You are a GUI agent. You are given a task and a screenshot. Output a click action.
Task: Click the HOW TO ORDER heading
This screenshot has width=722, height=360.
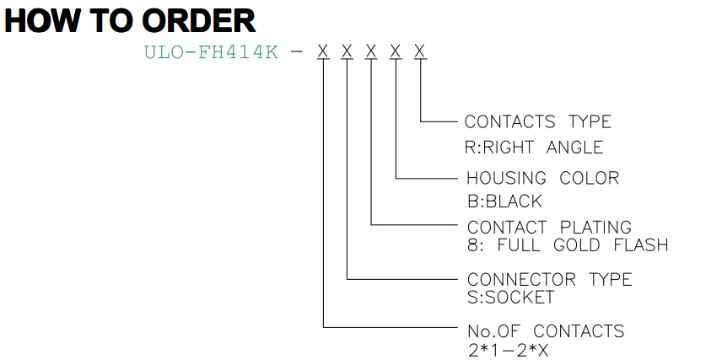point(130,21)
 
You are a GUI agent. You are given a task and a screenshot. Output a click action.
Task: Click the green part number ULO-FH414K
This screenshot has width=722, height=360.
point(212,52)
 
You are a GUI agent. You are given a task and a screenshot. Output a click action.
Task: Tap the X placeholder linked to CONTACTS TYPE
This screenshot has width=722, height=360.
point(419,51)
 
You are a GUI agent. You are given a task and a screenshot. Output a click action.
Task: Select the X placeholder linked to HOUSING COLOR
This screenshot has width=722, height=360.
point(395,51)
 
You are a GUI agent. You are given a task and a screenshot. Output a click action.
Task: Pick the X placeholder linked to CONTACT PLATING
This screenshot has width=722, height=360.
point(371,51)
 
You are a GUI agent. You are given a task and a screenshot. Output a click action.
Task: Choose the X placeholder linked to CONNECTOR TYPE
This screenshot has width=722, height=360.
point(347,51)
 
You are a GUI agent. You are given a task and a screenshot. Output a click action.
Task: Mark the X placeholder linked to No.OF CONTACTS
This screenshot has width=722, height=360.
point(323,51)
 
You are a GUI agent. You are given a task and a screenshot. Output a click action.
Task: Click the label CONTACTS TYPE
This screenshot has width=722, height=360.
point(538,121)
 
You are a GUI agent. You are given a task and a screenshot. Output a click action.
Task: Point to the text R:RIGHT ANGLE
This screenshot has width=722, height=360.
point(534,148)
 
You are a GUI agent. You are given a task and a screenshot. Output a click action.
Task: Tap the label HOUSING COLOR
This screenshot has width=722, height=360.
point(543,178)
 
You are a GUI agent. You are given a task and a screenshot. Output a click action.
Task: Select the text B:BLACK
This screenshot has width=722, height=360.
point(504,201)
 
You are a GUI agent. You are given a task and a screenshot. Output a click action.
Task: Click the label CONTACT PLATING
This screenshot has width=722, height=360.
point(549,227)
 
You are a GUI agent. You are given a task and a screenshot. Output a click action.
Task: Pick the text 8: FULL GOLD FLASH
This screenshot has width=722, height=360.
point(568,244)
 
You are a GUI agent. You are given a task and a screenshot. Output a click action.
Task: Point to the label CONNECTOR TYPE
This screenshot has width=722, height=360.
point(550,279)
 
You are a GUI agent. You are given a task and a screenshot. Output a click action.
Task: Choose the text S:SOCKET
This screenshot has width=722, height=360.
point(510,297)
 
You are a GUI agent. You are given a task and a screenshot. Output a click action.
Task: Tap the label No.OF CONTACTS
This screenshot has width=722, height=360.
point(546,331)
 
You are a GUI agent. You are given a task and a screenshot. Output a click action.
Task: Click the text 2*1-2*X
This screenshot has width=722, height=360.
point(509,351)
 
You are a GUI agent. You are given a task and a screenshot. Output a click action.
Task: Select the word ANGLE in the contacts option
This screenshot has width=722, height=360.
point(574,148)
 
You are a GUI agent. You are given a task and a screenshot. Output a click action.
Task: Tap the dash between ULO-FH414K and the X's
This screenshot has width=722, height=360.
point(298,52)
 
